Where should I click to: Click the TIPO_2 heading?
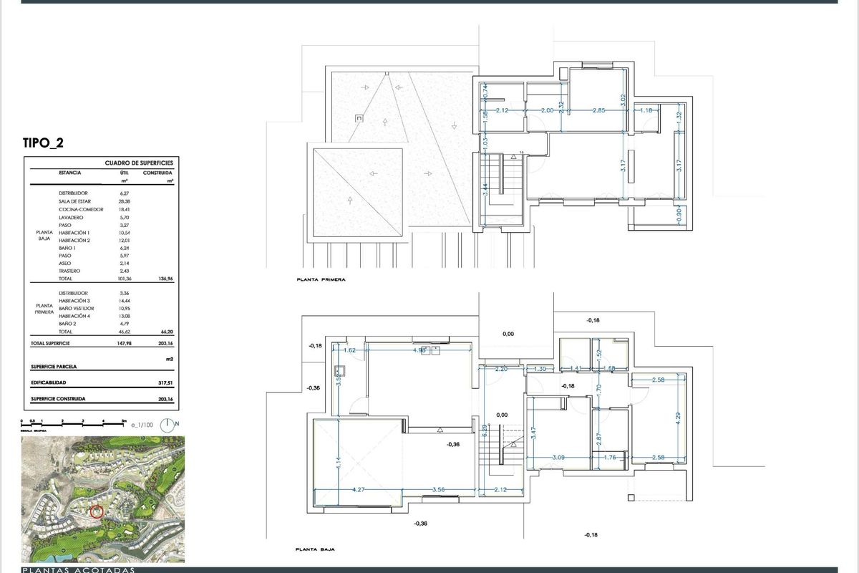click(x=44, y=143)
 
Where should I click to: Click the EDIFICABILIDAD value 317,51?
click(x=165, y=382)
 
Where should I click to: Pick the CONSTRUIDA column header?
click(x=157, y=173)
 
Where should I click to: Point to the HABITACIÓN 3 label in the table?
click(x=74, y=302)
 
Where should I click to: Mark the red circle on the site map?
click(x=97, y=511)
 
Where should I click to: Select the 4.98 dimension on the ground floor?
click(x=420, y=350)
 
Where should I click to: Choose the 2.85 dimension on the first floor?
click(x=599, y=110)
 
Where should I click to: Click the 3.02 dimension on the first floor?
click(x=623, y=100)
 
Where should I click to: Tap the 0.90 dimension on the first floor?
click(x=678, y=213)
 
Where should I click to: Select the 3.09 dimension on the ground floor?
click(x=558, y=458)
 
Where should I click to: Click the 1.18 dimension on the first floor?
click(x=647, y=110)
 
